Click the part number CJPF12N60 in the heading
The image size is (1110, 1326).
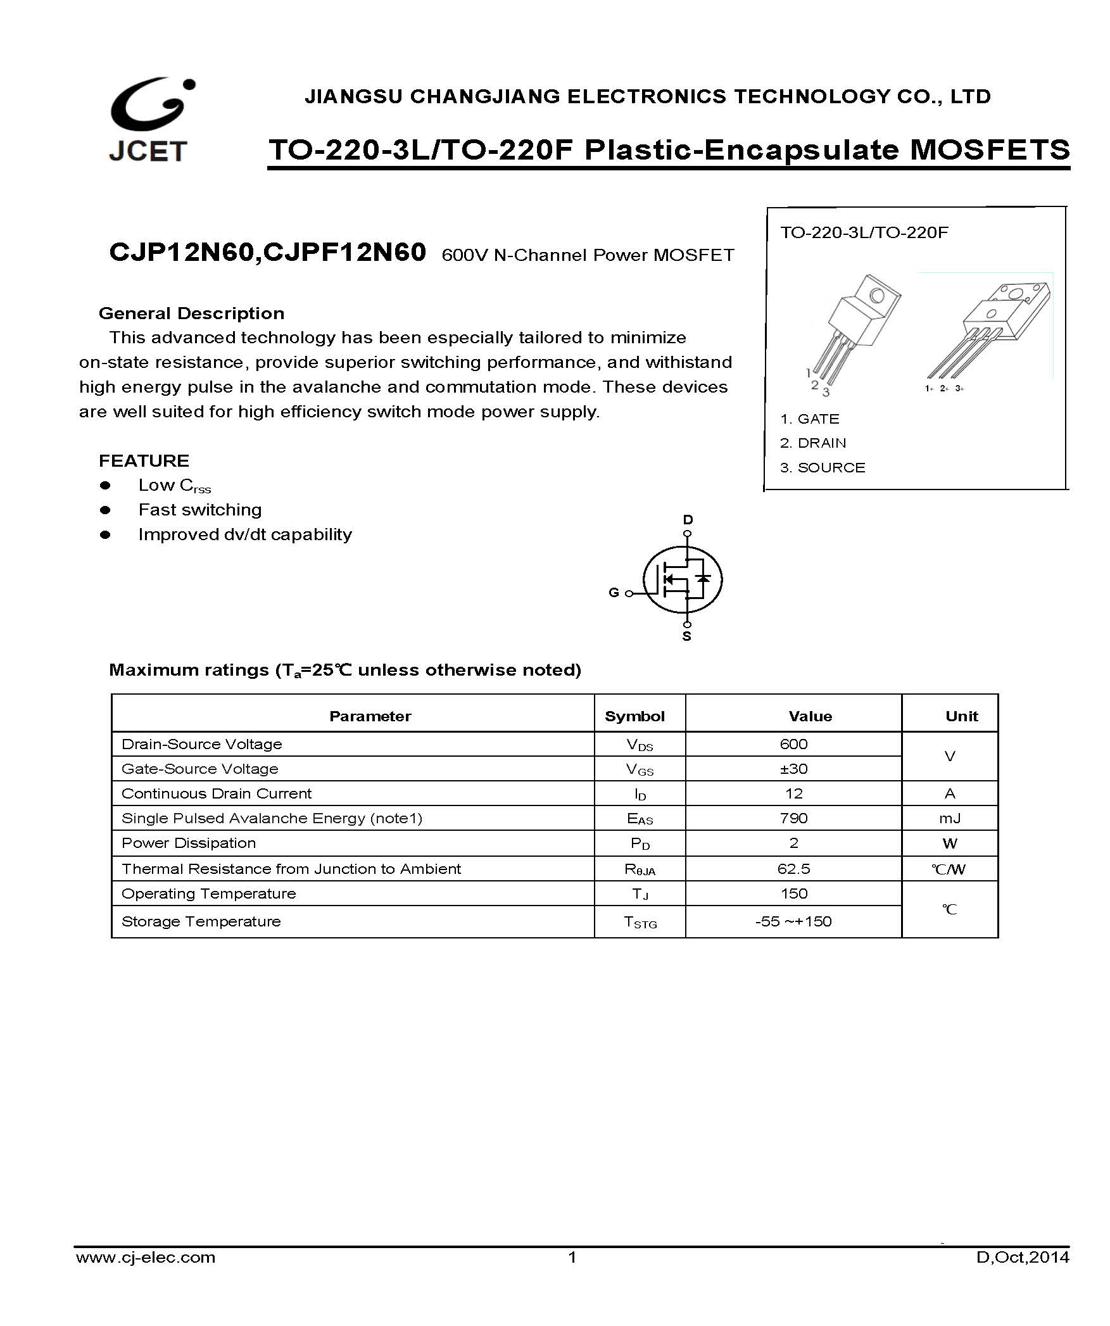(x=344, y=253)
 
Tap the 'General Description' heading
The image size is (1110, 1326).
(x=191, y=313)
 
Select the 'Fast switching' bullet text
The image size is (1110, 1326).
(x=199, y=510)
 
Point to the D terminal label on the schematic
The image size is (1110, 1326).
(x=688, y=520)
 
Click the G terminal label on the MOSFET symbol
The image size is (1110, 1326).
(x=614, y=593)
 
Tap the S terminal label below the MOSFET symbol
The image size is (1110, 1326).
(x=686, y=636)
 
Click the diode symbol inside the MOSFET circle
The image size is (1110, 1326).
(x=702, y=578)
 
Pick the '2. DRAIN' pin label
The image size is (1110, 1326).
(x=813, y=443)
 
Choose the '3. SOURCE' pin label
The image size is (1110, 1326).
(x=823, y=468)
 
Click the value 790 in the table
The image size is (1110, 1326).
(x=793, y=818)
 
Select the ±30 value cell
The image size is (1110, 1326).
(x=793, y=769)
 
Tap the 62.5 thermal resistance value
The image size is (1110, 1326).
(x=793, y=869)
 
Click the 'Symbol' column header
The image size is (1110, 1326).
(x=634, y=716)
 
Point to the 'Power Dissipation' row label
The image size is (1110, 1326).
(x=189, y=843)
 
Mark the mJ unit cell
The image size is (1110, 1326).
(x=950, y=818)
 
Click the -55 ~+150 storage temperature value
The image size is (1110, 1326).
(x=793, y=921)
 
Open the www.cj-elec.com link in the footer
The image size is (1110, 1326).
(x=146, y=1275)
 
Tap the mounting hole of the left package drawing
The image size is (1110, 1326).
(x=877, y=295)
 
